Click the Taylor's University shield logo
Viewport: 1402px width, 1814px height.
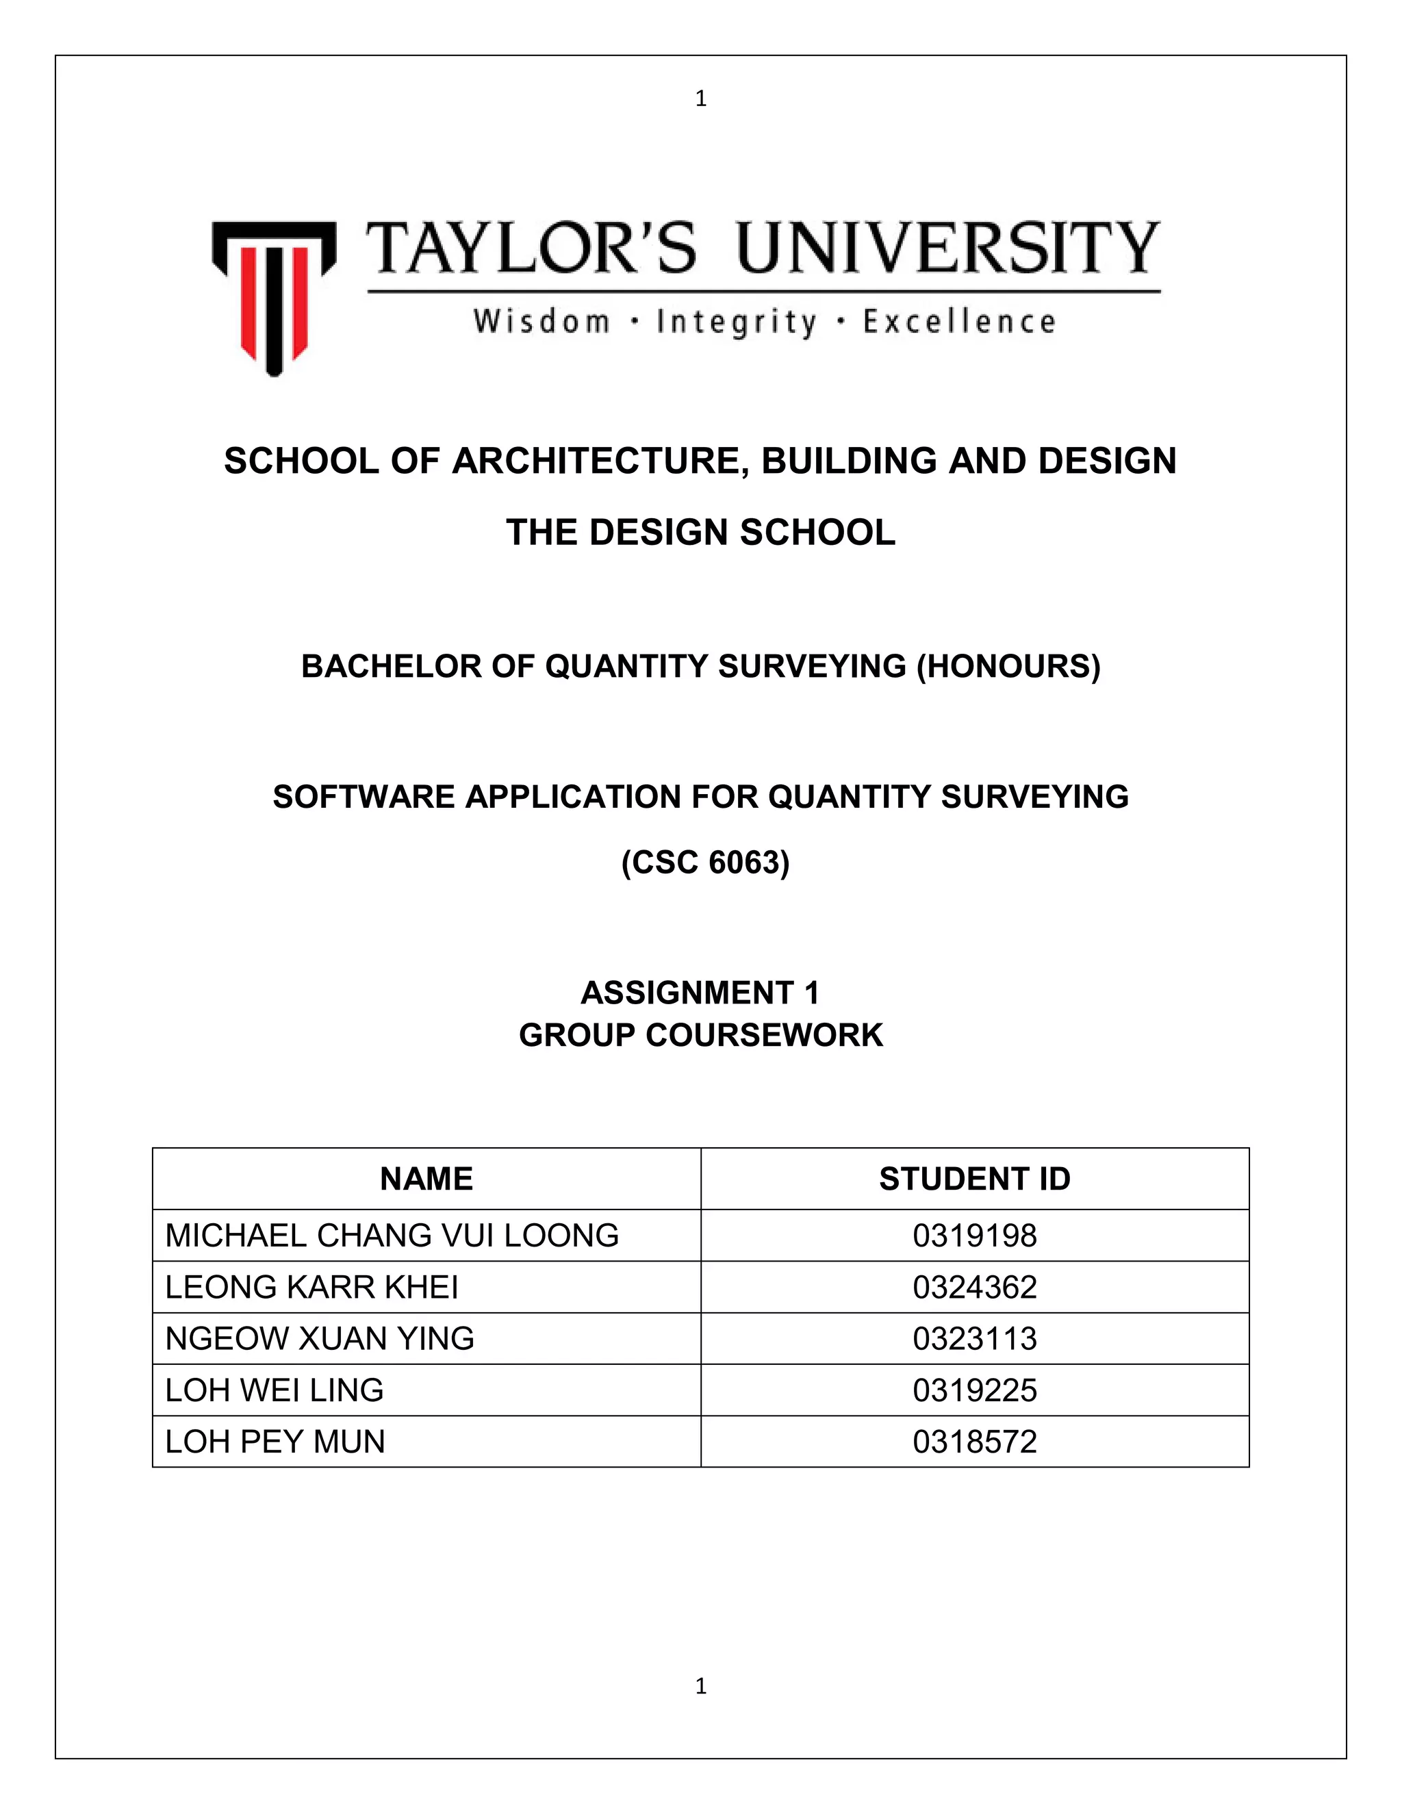[x=274, y=296]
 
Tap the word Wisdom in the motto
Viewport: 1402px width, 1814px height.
[x=541, y=322]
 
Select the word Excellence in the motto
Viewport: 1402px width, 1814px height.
[x=959, y=322]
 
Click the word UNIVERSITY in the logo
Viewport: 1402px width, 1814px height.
[x=947, y=248]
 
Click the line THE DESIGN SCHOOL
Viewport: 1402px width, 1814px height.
[x=701, y=533]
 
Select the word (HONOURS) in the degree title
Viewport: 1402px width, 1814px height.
[x=1008, y=666]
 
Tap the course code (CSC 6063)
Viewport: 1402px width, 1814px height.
[x=705, y=862]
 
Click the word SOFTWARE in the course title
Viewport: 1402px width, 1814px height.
[x=363, y=797]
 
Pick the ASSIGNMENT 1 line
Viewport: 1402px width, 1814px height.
[x=700, y=993]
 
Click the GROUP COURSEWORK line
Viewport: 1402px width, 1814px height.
[x=701, y=1035]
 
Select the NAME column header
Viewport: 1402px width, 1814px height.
[x=426, y=1179]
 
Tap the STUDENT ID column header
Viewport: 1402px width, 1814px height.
[x=974, y=1179]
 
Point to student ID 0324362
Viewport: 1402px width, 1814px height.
[x=974, y=1288]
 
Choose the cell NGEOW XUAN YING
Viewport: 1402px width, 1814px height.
[x=320, y=1339]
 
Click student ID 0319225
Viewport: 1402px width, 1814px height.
[x=974, y=1390]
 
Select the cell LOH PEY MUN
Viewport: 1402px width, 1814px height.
[x=275, y=1442]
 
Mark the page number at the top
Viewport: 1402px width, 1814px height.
[x=701, y=99]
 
